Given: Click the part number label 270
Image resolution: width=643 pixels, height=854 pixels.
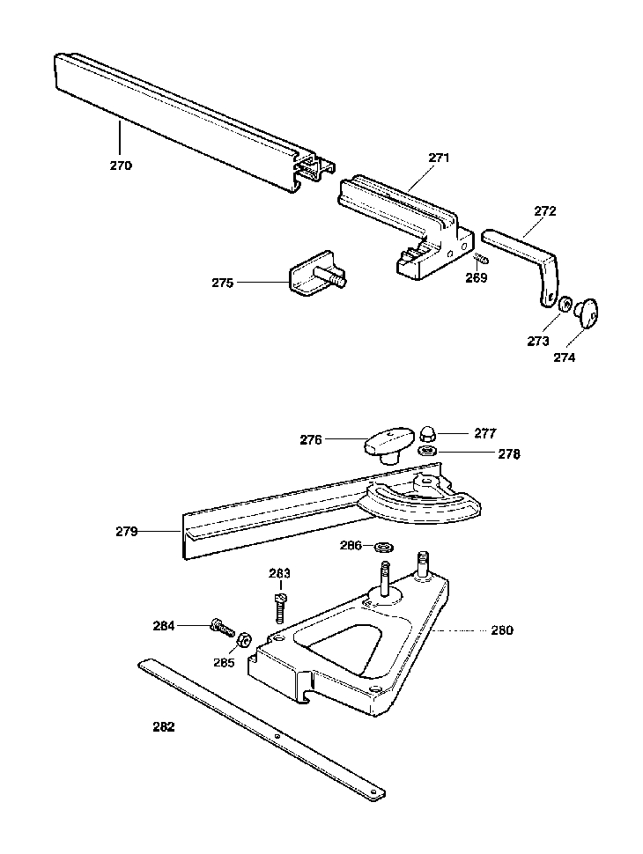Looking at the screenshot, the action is [121, 166].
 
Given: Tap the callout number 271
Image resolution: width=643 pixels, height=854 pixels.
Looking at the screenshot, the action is [439, 158].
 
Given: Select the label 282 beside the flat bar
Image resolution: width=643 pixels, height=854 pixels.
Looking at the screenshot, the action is [164, 726].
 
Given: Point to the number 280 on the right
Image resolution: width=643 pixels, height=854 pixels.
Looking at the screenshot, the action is [502, 630].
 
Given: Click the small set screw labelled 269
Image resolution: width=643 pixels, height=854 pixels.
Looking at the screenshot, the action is [482, 259].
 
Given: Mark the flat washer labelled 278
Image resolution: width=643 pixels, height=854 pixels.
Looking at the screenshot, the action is [426, 451].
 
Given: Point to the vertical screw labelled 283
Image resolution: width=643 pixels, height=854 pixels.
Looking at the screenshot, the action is [279, 607].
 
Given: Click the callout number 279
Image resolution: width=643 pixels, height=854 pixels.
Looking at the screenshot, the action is [127, 532].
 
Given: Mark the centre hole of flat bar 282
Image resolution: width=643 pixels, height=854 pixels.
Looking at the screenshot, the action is [277, 736].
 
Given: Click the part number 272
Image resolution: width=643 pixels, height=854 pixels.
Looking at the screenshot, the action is [545, 211].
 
